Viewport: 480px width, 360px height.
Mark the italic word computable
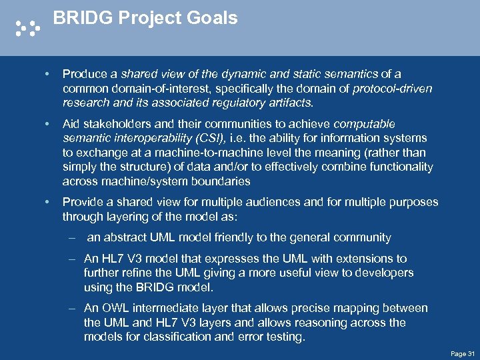[x=364, y=124]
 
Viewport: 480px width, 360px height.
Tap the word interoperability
[x=147, y=138]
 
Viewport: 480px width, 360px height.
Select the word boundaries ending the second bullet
[x=216, y=181]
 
